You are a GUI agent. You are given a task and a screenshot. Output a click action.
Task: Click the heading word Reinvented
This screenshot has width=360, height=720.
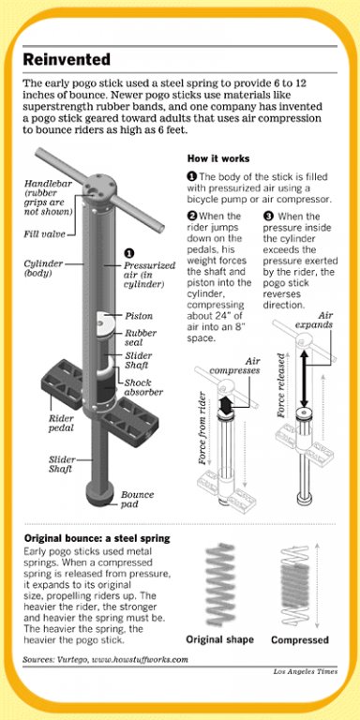point(67,60)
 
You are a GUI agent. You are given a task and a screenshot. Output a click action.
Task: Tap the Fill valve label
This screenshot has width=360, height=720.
point(45,234)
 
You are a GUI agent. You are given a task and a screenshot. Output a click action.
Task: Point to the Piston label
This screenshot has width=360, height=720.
point(139,316)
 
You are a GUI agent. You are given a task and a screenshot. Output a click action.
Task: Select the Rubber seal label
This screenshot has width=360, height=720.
point(141,337)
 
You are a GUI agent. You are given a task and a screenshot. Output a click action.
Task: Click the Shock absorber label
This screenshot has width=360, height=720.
point(143,387)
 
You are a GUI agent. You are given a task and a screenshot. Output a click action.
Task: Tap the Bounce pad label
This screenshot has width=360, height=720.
point(137,499)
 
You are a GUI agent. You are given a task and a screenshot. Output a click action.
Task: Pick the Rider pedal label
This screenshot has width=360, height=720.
point(61,423)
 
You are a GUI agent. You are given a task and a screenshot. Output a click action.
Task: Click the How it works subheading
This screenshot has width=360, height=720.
point(218,158)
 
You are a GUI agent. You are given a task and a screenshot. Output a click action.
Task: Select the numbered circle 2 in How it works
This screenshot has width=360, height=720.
point(191,216)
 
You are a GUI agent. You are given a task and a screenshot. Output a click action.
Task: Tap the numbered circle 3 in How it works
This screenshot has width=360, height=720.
point(268,216)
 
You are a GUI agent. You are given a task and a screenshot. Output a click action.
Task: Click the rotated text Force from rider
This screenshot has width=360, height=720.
point(203,427)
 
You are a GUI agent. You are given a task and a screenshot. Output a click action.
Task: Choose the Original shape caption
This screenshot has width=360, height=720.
point(220,639)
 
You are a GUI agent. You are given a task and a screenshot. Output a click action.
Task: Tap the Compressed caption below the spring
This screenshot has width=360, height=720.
point(300,639)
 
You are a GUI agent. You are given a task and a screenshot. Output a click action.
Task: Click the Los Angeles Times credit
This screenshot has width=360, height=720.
point(306,671)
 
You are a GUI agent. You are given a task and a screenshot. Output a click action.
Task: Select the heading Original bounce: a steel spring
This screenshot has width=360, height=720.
point(97,538)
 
